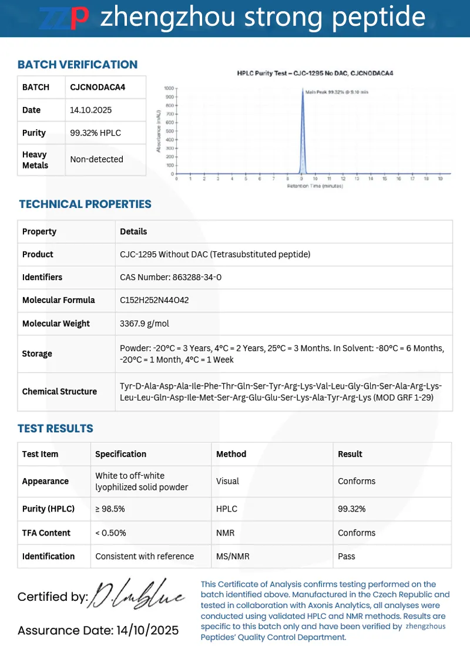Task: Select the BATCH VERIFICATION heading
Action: point(78,65)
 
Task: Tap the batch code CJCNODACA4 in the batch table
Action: point(98,87)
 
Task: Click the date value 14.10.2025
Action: point(91,110)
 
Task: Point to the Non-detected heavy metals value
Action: point(96,159)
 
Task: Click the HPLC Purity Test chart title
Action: point(315,73)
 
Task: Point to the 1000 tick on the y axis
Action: point(169,88)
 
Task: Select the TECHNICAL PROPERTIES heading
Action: point(85,204)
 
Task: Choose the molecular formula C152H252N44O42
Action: point(155,300)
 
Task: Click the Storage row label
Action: point(37,354)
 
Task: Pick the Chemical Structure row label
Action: point(59,391)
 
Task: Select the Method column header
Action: point(231,454)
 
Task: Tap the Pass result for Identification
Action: point(347,556)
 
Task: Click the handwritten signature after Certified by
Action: point(139,596)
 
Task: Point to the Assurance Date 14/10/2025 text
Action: point(98,631)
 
